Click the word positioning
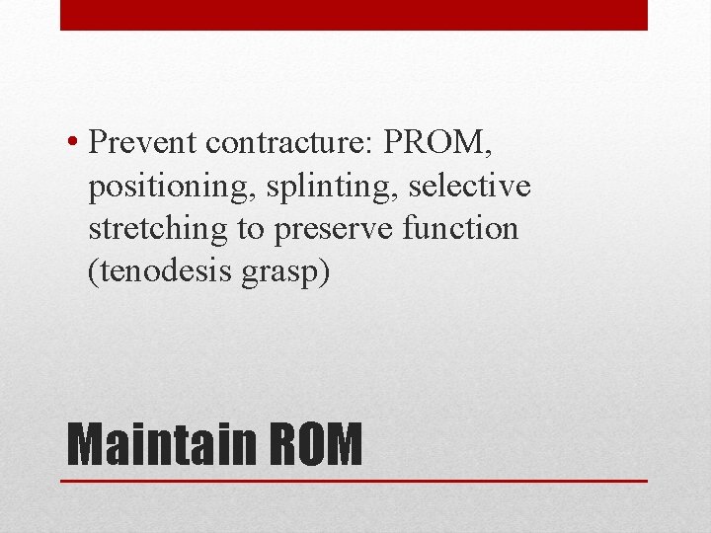pos(161,187)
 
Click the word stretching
pos(159,229)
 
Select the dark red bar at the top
pos(354,15)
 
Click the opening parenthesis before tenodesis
pos(93,271)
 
